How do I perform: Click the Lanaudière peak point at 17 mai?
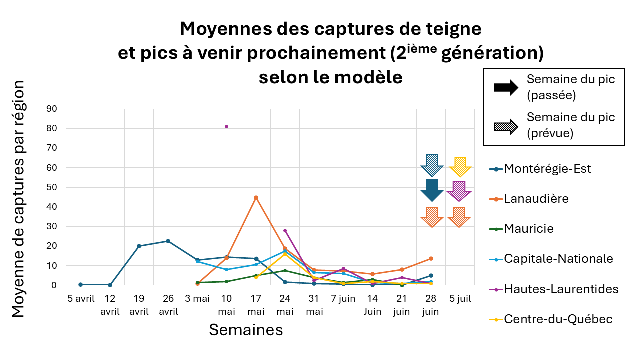(x=256, y=197)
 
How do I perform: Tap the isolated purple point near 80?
(x=226, y=126)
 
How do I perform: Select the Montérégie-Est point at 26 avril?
(x=168, y=241)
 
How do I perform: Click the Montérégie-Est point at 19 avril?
(x=139, y=246)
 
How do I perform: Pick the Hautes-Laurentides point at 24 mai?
(x=285, y=230)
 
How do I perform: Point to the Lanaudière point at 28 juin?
(x=431, y=258)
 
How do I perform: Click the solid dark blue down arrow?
(x=432, y=190)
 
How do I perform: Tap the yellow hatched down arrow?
(x=459, y=167)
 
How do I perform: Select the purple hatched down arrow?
(x=459, y=191)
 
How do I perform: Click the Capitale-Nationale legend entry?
(x=558, y=259)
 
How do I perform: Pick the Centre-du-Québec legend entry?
(x=558, y=319)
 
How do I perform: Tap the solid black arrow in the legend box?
(x=506, y=88)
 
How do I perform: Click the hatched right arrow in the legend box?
(x=506, y=125)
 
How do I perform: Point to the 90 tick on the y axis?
(x=51, y=109)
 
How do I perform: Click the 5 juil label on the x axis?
(x=459, y=299)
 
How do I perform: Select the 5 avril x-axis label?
(x=81, y=299)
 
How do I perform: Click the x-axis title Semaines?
(x=246, y=330)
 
